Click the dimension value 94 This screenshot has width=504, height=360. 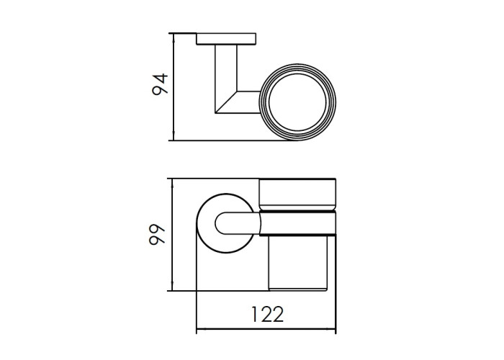point(160,84)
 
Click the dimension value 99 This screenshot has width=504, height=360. point(157,234)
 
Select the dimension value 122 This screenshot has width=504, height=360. point(267,315)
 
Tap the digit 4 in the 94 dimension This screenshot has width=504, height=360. point(160,78)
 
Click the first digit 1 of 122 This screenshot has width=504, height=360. point(254,315)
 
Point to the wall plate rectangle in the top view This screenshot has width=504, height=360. point(226,39)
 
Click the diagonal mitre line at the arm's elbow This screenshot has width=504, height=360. point(226,102)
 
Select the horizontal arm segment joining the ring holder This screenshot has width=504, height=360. point(248,102)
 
